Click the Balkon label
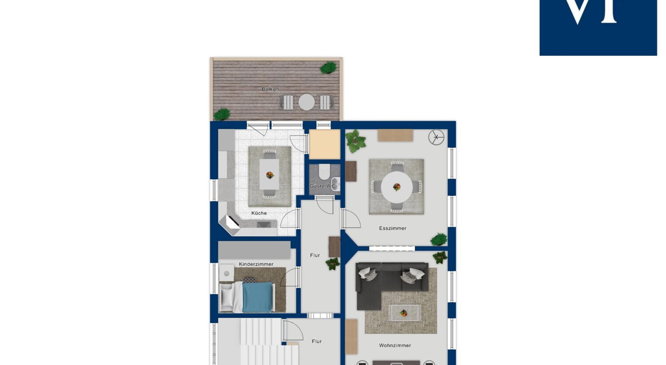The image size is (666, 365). click(270, 89)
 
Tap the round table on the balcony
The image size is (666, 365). click(306, 102)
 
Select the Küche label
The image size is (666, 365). click(259, 213)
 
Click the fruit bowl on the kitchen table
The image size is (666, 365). click(270, 175)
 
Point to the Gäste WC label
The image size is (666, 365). click(322, 186)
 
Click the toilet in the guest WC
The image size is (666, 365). click(324, 172)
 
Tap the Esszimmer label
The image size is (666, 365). click(392, 228)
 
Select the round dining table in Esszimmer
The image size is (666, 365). click(396, 186)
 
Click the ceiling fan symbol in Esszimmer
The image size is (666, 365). click(436, 137)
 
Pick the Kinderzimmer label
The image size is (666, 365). click(256, 264)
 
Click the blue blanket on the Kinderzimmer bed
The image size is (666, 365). click(258, 297)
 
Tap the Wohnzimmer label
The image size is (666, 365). click(395, 345)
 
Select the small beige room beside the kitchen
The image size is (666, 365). click(325, 144)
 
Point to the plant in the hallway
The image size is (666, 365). click(333, 264)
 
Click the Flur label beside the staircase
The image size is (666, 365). click(317, 341)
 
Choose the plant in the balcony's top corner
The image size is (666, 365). click(328, 68)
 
